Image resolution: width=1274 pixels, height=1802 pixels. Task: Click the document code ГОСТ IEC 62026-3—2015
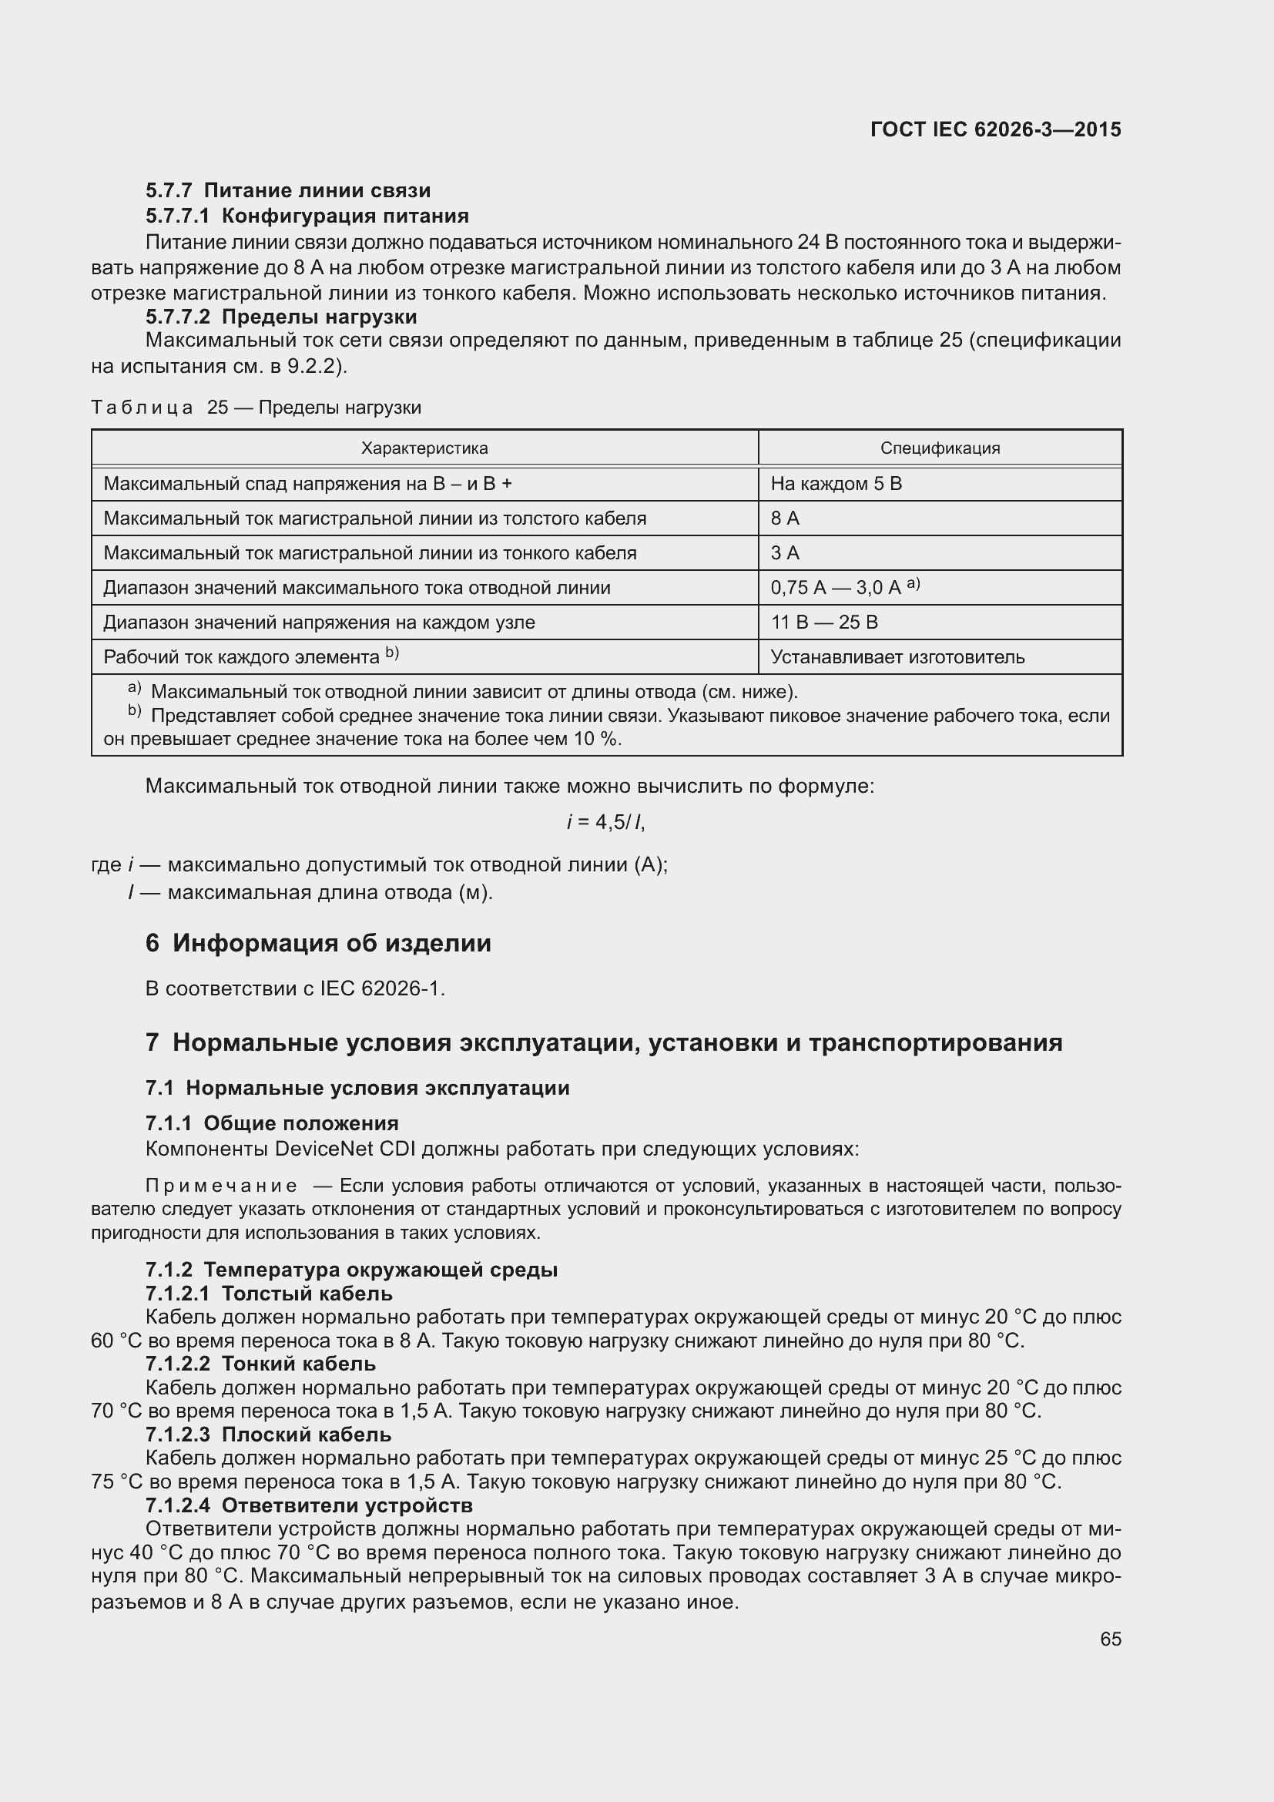coord(994,130)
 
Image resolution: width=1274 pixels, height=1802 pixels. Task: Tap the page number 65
coord(1110,1639)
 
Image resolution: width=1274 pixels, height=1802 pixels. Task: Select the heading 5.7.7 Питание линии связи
coord(288,191)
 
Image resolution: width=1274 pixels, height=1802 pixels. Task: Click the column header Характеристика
coord(424,448)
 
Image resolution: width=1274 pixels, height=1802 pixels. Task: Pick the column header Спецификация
coord(940,448)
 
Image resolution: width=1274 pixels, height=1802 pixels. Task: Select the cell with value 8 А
coord(785,518)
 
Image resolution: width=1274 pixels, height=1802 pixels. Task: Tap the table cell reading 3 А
coord(785,552)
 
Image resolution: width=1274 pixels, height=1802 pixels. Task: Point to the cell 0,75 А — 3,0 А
coord(836,588)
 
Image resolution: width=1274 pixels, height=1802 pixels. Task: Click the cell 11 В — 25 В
coord(824,622)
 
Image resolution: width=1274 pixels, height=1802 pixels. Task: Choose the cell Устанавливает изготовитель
coord(897,657)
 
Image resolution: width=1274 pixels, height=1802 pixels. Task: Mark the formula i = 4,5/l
coord(605,822)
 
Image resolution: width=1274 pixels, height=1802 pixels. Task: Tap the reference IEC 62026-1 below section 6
coord(382,989)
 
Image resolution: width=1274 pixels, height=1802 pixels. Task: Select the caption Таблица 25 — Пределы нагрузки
coord(256,408)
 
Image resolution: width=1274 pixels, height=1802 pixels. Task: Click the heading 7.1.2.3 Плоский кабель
coord(267,1435)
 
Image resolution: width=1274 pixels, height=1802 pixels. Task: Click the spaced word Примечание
coord(221,1186)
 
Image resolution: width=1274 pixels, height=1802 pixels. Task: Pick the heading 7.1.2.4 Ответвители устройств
coord(308,1505)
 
